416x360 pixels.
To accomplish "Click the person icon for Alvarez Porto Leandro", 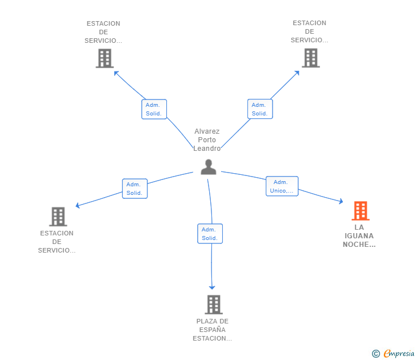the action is click(209, 167).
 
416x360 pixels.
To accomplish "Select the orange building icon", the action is click(361, 211).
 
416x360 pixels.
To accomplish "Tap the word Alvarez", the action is click(207, 131).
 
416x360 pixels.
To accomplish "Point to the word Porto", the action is click(207, 140).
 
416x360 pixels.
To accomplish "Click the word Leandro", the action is click(207, 149).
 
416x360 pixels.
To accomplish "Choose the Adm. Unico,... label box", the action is click(282, 186).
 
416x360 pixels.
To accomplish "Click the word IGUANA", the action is click(359, 236).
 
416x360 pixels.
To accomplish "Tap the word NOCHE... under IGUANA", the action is click(359, 245).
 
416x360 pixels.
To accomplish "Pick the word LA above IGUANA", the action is click(359, 227).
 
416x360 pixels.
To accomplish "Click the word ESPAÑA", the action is click(212, 330).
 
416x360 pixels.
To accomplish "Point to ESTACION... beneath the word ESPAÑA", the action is click(212, 338).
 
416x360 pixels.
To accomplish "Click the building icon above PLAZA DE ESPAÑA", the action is click(214, 305).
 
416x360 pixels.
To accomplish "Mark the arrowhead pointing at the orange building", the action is click(341, 201).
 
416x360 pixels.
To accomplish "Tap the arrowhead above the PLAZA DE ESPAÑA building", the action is click(211, 287).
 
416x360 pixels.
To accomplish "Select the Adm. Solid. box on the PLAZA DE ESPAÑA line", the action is click(210, 234).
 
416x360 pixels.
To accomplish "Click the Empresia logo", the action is click(399, 354).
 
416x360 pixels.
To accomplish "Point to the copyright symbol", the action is click(376, 354).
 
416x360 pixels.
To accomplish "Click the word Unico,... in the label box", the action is click(282, 191).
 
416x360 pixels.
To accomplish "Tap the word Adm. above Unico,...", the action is click(281, 182).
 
